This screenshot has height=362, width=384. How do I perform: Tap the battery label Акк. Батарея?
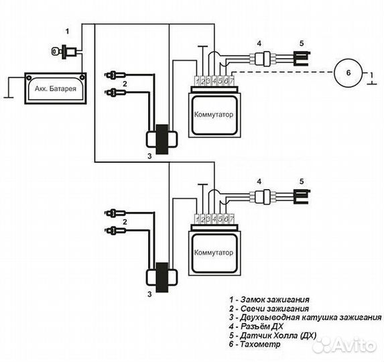click(x=56, y=88)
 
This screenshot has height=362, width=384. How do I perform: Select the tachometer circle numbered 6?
click(x=348, y=73)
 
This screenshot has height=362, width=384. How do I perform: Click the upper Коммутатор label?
click(x=214, y=115)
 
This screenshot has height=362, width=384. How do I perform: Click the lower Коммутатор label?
click(x=214, y=253)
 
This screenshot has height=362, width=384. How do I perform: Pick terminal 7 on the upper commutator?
click(x=232, y=81)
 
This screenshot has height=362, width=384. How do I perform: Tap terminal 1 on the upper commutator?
click(x=197, y=81)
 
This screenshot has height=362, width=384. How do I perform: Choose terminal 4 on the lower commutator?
click(x=214, y=219)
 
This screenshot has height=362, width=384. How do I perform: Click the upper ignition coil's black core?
click(x=162, y=139)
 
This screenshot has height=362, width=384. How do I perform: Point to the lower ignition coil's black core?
click(x=162, y=278)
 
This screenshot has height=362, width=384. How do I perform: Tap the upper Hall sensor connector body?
click(x=262, y=59)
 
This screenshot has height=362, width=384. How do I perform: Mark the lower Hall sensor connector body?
click(x=262, y=197)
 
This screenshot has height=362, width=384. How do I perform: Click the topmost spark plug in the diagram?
click(x=115, y=74)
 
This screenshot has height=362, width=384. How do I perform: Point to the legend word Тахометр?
click(x=260, y=344)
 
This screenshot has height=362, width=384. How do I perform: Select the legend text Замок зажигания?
click(x=275, y=299)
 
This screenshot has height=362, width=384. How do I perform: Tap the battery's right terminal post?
click(x=82, y=77)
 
